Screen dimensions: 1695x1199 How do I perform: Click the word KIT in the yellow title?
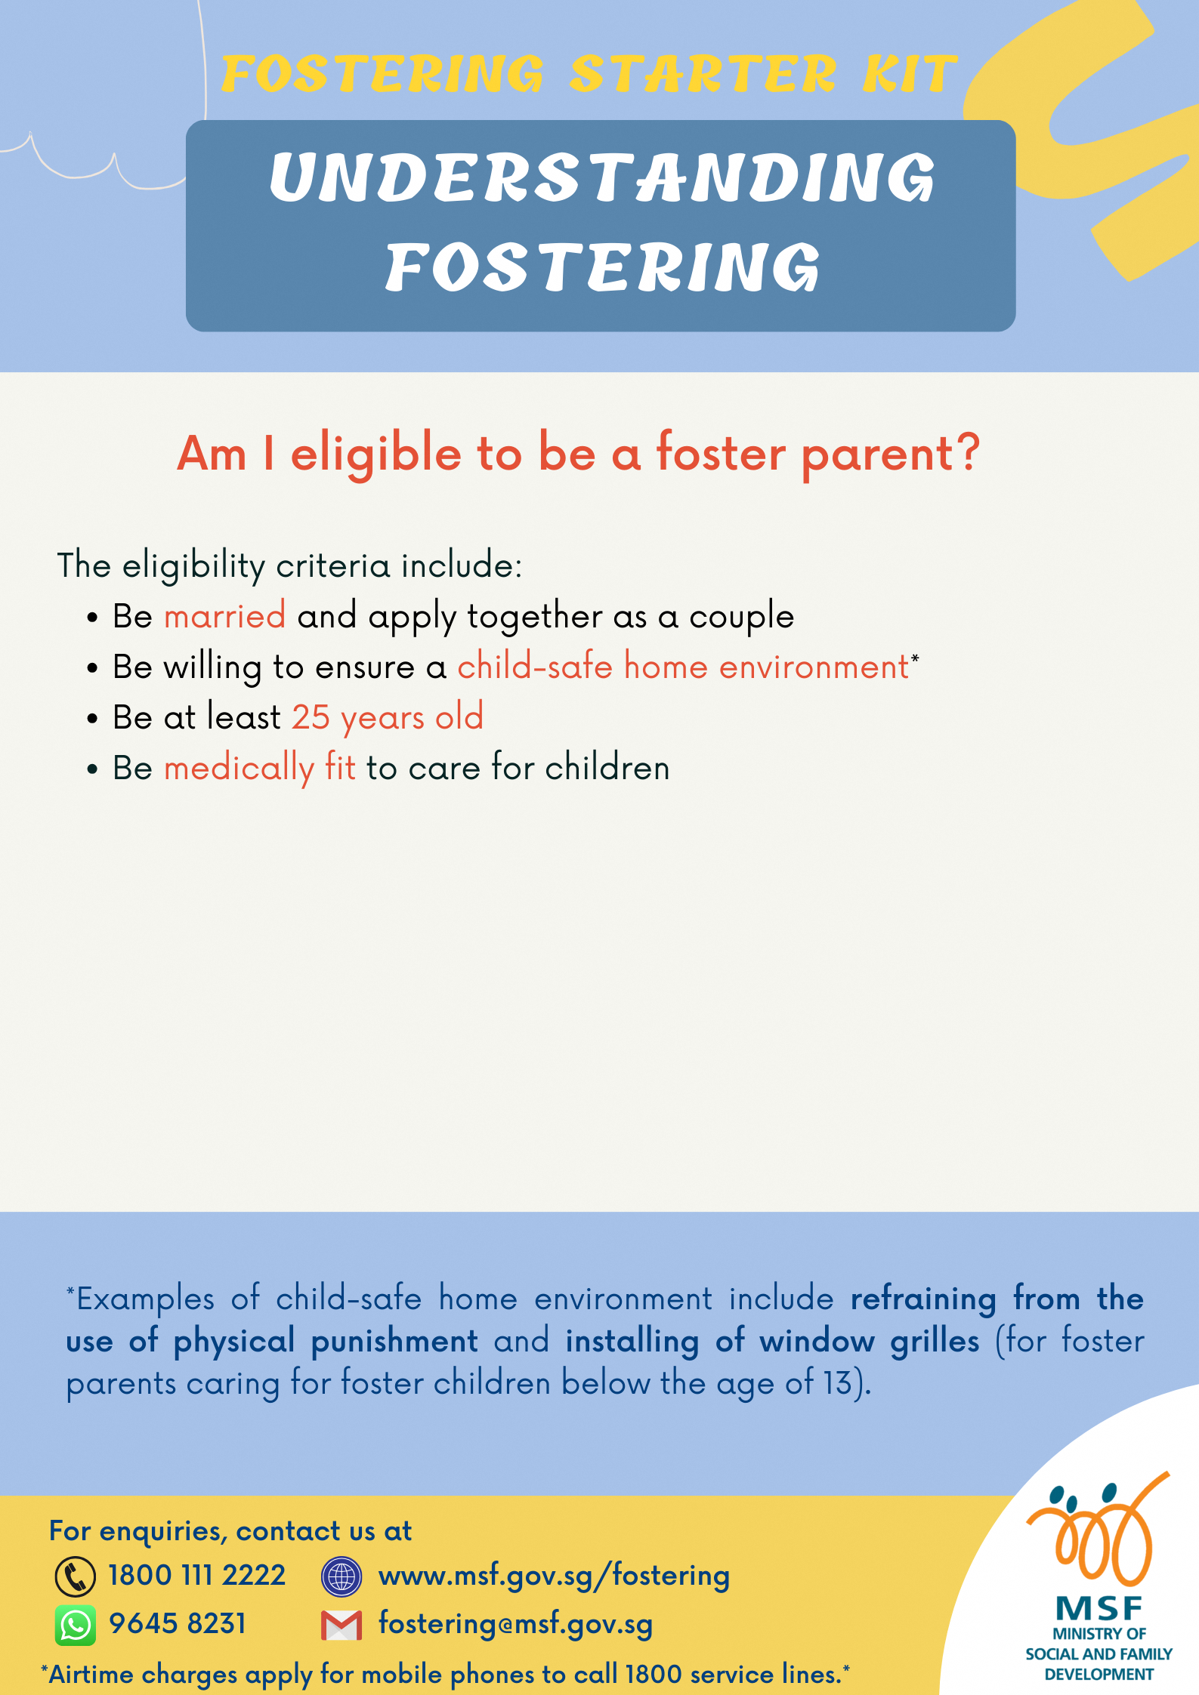click(x=910, y=75)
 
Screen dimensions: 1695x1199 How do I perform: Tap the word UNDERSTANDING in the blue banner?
click(x=602, y=178)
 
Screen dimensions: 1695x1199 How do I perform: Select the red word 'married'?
click(x=224, y=616)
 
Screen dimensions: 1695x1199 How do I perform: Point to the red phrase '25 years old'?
click(x=388, y=717)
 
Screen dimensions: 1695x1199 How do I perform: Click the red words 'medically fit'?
click(x=259, y=768)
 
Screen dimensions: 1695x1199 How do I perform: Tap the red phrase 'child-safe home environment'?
click(x=683, y=667)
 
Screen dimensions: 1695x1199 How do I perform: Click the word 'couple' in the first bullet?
click(x=741, y=616)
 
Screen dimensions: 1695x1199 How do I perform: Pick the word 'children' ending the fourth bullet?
click(x=607, y=768)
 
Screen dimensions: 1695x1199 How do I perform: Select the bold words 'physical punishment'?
click(x=326, y=1341)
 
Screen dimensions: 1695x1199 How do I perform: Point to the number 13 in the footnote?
click(x=837, y=1383)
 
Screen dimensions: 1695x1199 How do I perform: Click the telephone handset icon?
click(x=76, y=1576)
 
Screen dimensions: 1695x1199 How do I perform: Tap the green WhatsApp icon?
click(x=76, y=1624)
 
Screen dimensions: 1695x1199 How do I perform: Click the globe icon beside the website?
click(x=341, y=1576)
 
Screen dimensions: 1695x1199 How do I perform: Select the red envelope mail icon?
click(x=341, y=1625)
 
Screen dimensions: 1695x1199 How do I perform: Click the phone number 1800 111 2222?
click(x=196, y=1576)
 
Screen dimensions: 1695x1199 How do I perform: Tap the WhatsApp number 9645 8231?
click(x=178, y=1623)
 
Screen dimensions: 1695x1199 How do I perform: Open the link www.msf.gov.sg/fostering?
click(x=554, y=1576)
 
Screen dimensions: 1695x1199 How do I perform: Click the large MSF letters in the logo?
click(x=1099, y=1609)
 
